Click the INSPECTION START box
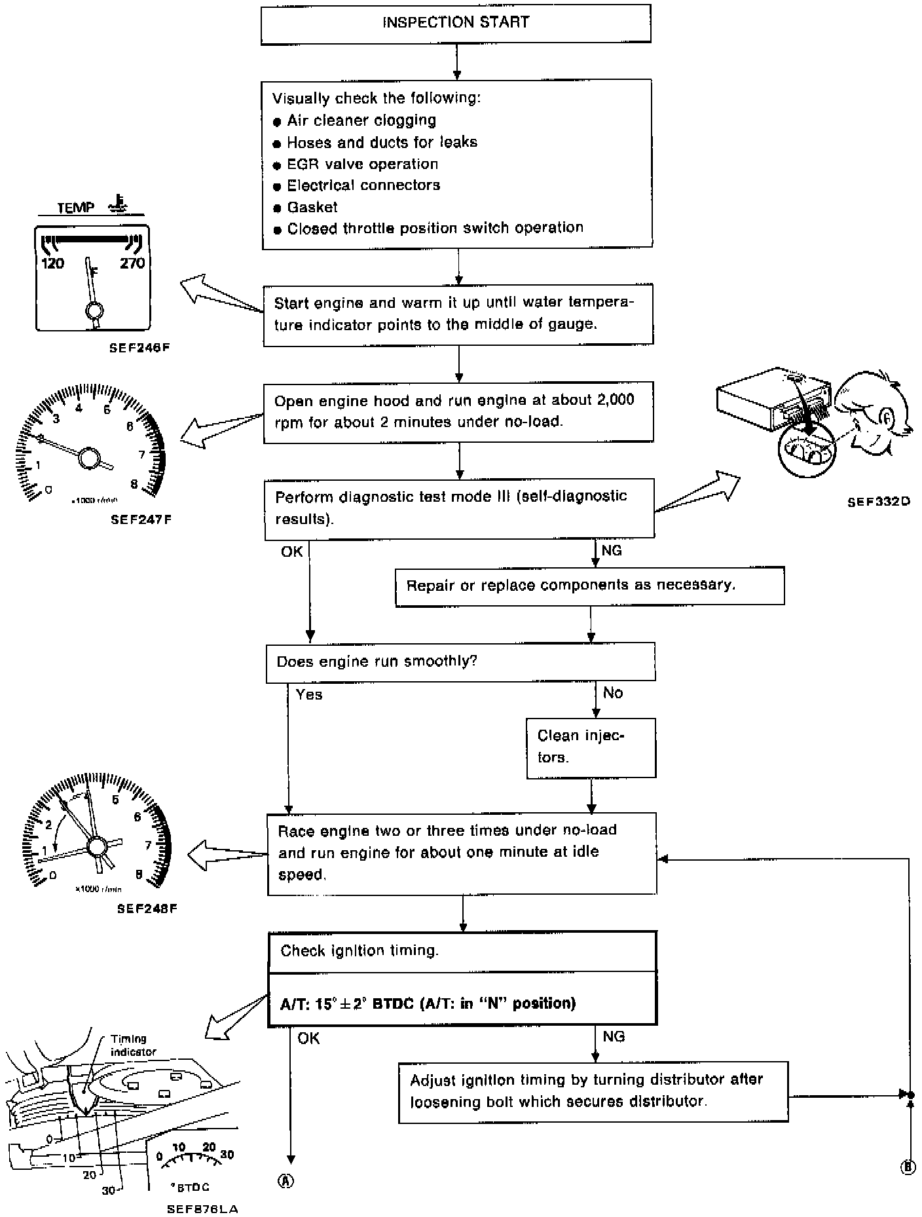456,24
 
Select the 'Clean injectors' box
591,747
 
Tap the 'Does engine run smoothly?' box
460,662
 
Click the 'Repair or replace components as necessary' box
589,586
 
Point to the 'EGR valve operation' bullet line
362,164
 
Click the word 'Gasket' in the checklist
312,207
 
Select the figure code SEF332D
878,502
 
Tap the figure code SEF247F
141,520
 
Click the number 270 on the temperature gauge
132,263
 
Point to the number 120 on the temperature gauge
53,263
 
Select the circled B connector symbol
908,1167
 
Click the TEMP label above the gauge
76,208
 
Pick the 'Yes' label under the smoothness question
309,695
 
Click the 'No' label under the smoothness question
613,693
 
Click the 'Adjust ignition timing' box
593,1091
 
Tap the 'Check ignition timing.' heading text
360,951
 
